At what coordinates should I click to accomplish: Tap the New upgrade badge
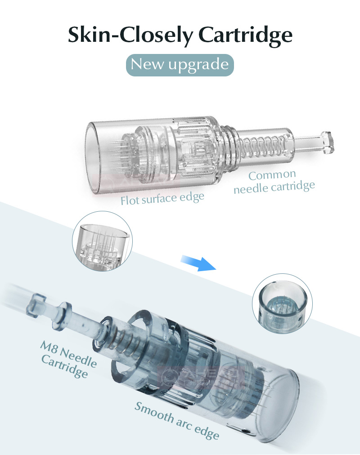tap(180, 64)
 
